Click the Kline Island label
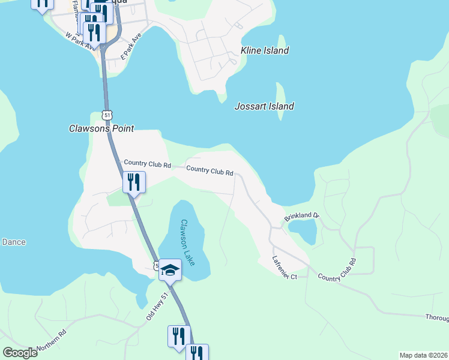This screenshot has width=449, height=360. point(265,50)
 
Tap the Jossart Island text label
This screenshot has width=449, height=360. point(264,107)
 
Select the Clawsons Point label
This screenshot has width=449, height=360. point(101,128)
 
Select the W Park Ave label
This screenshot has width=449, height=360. point(80,41)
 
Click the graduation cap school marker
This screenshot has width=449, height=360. point(170,270)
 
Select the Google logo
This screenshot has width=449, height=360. point(20,353)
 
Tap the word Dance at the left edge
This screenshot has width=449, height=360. point(13,242)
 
